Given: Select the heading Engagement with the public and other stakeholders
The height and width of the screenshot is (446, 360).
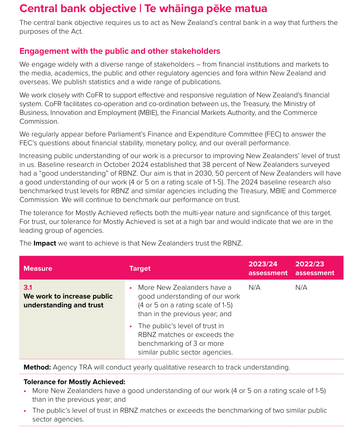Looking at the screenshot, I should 120,51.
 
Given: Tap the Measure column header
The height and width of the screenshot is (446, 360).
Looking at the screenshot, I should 38,269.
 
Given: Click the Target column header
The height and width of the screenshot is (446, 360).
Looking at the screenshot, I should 140,269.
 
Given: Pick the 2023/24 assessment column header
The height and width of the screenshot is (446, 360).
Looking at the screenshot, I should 268,269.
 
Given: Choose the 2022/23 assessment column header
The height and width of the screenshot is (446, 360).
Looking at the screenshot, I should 315,269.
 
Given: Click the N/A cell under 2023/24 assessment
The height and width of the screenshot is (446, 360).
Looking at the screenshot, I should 254,288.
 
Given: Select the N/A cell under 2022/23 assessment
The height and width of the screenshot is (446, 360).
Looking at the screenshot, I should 301,288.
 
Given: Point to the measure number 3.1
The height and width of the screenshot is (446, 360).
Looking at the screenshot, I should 28,288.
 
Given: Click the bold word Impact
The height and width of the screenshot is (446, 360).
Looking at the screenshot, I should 45,243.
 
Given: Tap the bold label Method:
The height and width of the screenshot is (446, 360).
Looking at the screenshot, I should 37,367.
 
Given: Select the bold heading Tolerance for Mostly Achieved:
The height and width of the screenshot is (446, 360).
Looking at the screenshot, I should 74,382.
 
